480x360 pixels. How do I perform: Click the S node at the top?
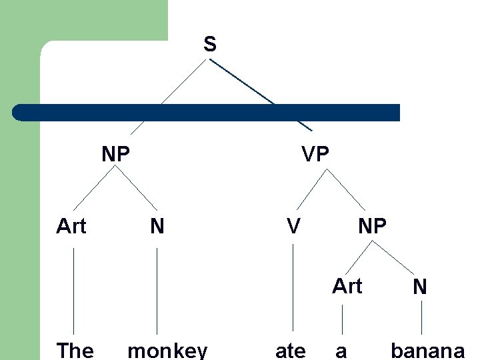click(209, 45)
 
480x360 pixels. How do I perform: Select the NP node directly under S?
click(115, 155)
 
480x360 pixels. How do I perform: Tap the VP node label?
click(315, 155)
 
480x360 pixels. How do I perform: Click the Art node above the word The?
click(71, 227)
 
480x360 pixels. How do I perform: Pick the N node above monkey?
click(157, 227)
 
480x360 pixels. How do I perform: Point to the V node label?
click(293, 227)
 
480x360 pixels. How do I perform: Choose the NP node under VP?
click(372, 227)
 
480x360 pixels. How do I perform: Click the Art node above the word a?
click(347, 286)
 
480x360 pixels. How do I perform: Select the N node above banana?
click(419, 287)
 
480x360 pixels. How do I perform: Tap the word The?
click(75, 350)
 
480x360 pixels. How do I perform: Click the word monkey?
click(167, 351)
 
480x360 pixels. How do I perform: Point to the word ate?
click(291, 351)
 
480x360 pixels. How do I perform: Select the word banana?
click(427, 351)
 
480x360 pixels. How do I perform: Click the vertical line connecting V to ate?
click(293, 287)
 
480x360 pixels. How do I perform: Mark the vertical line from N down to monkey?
click(157, 290)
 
